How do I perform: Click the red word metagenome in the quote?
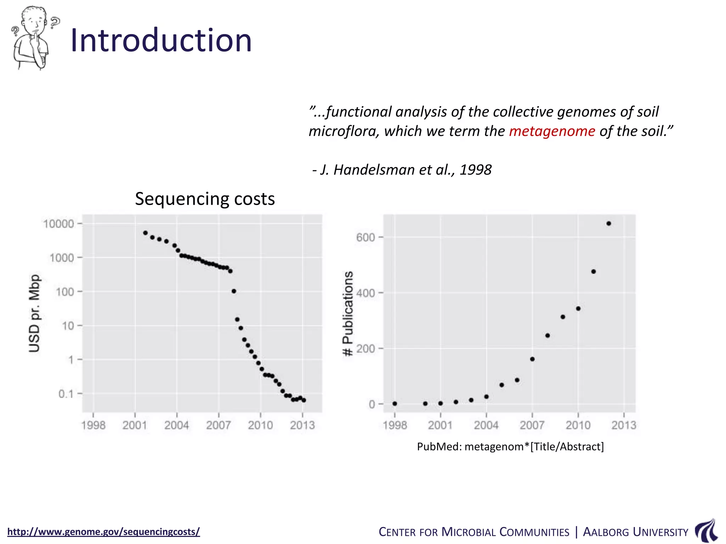(x=552, y=131)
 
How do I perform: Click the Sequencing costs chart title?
(x=205, y=199)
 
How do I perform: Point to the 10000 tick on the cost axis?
(x=58, y=224)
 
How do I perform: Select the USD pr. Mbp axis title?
(x=34, y=313)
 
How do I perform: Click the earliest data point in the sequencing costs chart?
(x=145, y=233)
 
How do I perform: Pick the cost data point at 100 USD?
(x=234, y=291)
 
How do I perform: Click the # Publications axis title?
(x=348, y=313)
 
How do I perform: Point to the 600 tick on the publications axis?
(x=366, y=237)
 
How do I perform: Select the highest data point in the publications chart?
(x=609, y=223)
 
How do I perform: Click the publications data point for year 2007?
(x=532, y=359)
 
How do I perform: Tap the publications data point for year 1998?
(x=395, y=404)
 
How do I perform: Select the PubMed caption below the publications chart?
(x=510, y=447)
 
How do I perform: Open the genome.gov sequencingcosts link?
(x=104, y=532)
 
